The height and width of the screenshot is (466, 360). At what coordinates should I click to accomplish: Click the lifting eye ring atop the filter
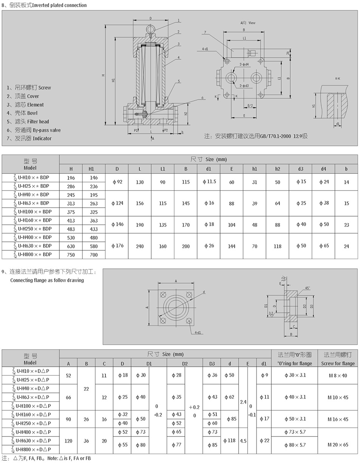point(151,29)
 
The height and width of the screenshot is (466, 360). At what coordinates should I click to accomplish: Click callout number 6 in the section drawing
point(202,98)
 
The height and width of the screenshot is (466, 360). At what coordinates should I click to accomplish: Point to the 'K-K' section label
point(337,79)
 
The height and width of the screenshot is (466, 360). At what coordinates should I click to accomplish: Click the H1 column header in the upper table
point(91,169)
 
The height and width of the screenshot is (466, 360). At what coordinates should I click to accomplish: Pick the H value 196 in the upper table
point(71,178)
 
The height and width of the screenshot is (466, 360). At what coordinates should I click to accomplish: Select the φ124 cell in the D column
point(116,203)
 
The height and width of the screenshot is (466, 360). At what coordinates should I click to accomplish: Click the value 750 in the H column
point(71,255)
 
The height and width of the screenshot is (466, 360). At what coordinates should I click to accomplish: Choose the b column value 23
point(346,224)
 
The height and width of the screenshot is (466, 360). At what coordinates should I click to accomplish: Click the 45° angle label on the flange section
point(307,288)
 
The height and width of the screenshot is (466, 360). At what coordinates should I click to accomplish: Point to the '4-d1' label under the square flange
point(198,333)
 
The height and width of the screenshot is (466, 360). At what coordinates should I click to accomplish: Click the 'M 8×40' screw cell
point(337,375)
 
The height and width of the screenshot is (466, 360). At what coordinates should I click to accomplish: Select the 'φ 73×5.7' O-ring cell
point(295,432)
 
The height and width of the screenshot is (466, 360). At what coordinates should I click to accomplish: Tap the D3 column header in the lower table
point(211,364)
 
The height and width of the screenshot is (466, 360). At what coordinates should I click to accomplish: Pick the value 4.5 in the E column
point(243,441)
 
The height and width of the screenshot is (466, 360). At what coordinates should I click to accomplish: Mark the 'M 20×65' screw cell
point(338,445)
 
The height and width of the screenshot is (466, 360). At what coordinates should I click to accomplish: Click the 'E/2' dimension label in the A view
point(250,105)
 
